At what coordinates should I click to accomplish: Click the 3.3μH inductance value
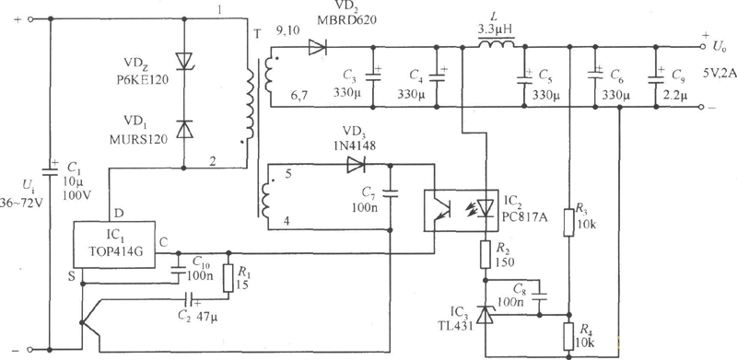coord(495,28)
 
